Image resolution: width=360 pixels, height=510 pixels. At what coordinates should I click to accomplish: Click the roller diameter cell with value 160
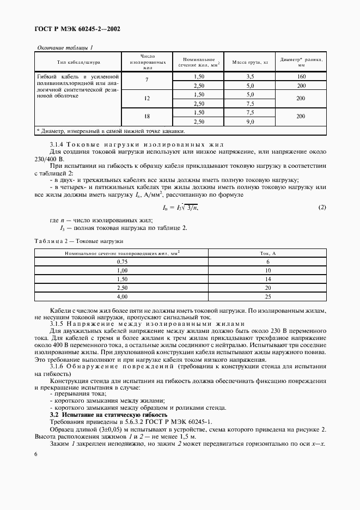click(x=301, y=77)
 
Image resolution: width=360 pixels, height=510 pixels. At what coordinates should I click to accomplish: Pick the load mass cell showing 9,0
click(x=250, y=121)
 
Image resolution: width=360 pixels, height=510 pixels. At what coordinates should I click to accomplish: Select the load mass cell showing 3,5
click(x=250, y=77)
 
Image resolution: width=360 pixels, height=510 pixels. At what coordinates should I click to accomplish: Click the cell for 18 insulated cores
click(x=147, y=117)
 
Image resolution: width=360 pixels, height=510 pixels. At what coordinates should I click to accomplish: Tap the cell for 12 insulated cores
click(x=147, y=99)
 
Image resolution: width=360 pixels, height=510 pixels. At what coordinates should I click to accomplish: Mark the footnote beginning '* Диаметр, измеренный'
click(x=111, y=131)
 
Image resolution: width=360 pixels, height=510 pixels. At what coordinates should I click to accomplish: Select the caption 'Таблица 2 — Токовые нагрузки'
click(x=79, y=240)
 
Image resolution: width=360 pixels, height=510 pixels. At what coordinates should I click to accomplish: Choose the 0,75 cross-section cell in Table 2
click(x=122, y=262)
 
